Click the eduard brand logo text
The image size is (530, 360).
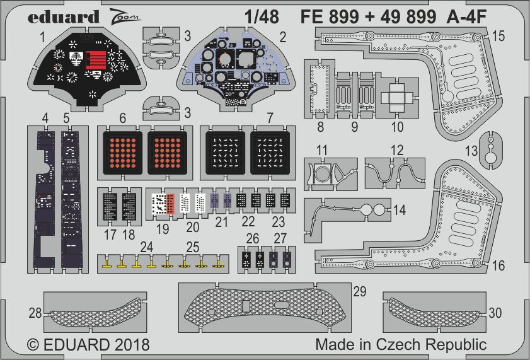[x=64, y=17]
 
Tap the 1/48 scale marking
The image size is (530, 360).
[x=262, y=16]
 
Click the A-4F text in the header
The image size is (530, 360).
[x=466, y=16]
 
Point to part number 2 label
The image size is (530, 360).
[x=283, y=37]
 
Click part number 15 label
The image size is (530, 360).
[x=498, y=36]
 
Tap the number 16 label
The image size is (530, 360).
[x=498, y=265]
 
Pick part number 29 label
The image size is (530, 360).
[x=360, y=291]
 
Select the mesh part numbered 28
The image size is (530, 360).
[x=95, y=313]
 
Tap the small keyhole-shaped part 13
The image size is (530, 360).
[x=490, y=150]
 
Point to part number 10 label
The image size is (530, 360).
[x=397, y=127]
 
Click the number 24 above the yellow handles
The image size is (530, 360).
[x=146, y=247]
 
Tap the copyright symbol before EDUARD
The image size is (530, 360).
[x=33, y=345]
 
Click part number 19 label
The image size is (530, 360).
[x=163, y=229]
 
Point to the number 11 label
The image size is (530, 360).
[x=322, y=150]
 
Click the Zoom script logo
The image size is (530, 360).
[x=124, y=15]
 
